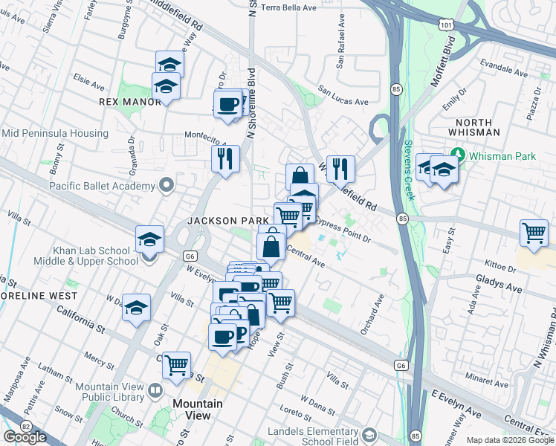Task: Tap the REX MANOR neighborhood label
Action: click(130, 102)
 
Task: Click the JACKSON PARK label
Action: click(227, 221)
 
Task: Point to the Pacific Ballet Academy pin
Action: click(167, 185)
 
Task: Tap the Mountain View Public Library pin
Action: click(155, 390)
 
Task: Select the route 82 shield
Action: click(27, 426)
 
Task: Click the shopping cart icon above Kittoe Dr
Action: click(534, 233)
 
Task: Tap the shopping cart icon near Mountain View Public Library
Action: click(176, 365)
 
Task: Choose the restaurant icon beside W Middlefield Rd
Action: click(340, 168)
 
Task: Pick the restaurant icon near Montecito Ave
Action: click(224, 158)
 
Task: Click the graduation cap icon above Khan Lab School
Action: click(149, 239)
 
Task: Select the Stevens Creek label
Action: click(409, 171)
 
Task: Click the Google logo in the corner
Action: click(25, 437)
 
